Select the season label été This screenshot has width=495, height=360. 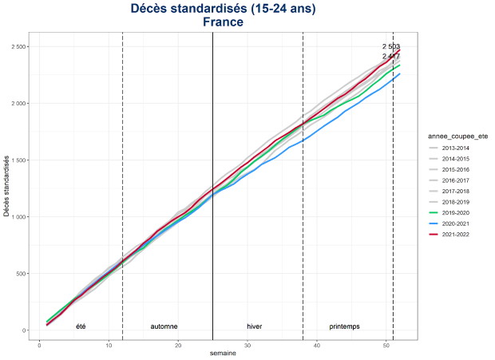click(81, 326)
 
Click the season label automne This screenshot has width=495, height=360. click(164, 326)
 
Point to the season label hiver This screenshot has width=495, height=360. click(255, 326)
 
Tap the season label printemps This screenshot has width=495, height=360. click(344, 326)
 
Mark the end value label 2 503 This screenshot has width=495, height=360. click(390, 47)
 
